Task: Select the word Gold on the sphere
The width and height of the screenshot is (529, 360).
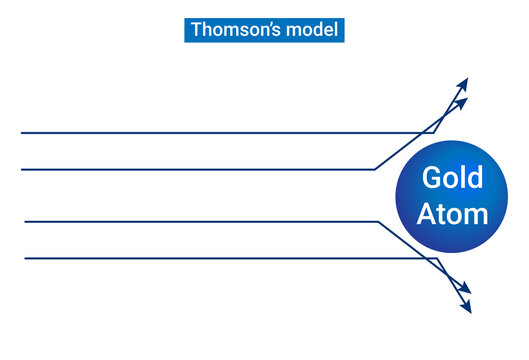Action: pos(452,178)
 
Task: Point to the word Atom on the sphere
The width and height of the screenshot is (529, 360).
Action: pos(452,213)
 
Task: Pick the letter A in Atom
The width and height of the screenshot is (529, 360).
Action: pos(426,213)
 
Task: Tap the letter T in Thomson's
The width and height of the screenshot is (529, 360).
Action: pos(196,30)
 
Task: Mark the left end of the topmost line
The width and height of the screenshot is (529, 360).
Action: pos(22,132)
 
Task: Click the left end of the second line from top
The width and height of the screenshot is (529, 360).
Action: pos(22,169)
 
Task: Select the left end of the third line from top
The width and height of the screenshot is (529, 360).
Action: pos(25,221)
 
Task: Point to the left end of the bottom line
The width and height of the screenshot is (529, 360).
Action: pos(25,258)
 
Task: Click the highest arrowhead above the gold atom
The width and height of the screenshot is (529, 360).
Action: pos(463,82)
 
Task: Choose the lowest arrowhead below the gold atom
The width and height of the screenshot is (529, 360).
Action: pos(467,309)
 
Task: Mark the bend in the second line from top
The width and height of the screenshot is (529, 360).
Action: pos(374,169)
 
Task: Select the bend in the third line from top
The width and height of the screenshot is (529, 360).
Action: pos(378,221)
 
